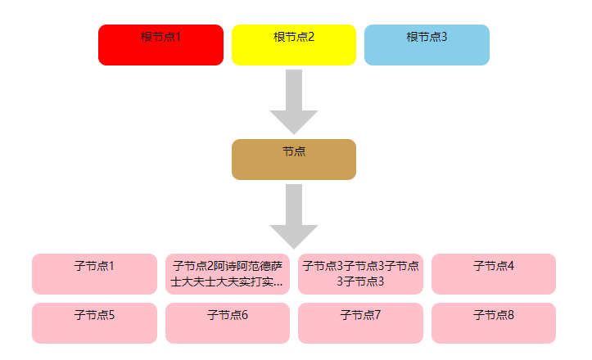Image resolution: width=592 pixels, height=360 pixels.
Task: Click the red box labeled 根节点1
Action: click(x=160, y=45)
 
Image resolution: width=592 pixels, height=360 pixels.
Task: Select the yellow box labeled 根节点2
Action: click(x=294, y=45)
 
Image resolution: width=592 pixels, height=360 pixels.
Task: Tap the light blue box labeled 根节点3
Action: click(x=427, y=45)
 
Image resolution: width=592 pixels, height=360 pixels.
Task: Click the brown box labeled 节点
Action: click(x=294, y=160)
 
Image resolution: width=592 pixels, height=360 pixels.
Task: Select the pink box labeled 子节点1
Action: click(x=94, y=274)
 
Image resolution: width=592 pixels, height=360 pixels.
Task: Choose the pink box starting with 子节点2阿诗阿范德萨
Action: click(x=228, y=274)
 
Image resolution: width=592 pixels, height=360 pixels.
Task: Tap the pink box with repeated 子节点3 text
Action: click(x=360, y=274)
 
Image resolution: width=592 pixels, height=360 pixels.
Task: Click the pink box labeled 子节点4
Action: click(x=494, y=274)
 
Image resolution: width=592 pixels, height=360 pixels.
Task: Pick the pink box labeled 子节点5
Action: click(x=94, y=323)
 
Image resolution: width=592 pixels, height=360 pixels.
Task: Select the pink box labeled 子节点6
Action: click(x=228, y=323)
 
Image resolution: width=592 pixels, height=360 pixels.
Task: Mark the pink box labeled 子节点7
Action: click(x=360, y=323)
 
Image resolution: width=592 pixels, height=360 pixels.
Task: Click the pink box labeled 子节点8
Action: click(x=494, y=323)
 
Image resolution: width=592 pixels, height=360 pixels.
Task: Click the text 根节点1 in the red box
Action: click(x=160, y=37)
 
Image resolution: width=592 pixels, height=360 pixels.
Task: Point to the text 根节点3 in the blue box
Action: click(x=427, y=37)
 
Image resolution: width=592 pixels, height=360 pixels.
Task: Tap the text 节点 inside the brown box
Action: click(x=294, y=151)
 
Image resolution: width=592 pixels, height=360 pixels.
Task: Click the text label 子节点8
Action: click(x=494, y=315)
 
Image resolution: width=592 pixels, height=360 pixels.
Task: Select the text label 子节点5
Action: click(x=94, y=315)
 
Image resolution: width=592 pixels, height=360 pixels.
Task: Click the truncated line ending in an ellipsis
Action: click(x=228, y=282)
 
